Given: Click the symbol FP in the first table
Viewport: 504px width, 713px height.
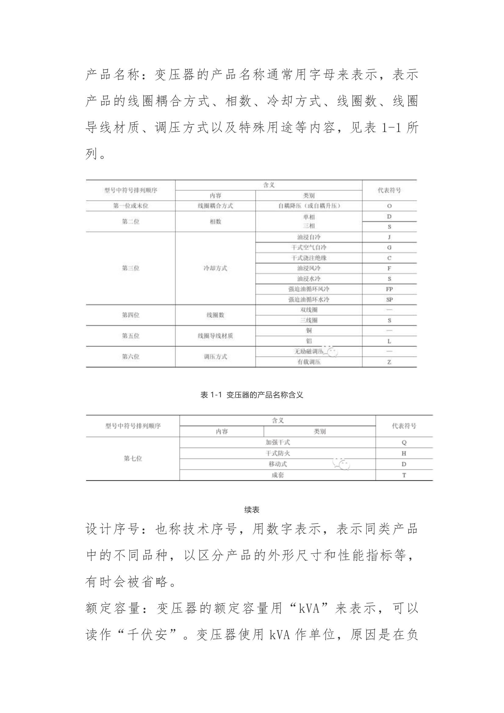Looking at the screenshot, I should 389,289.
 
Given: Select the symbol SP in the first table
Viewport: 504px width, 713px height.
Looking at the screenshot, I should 389,300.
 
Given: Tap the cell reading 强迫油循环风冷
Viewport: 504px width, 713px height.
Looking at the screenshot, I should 309,289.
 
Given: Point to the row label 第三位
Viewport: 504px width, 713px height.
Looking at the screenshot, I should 130,268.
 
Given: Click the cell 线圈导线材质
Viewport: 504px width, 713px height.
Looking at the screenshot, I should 215,336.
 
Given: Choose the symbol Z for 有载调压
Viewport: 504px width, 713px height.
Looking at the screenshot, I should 389,362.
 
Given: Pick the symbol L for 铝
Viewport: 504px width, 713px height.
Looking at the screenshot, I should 389,341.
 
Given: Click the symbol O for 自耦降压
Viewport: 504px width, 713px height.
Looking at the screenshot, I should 389,206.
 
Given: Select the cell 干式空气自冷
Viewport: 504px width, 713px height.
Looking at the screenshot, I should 309,248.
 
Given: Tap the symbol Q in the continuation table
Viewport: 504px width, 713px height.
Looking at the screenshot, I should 404,442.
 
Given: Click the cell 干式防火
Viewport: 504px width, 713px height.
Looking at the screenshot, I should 278,453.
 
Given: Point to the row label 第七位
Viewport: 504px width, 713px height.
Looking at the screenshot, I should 133,459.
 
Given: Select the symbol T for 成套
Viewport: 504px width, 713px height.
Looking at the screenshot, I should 404,475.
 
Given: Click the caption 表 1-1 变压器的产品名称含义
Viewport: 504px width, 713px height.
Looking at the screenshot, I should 252,395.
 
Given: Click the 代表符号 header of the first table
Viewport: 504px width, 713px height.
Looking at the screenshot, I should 389,190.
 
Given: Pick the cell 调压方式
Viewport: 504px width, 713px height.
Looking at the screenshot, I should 215,356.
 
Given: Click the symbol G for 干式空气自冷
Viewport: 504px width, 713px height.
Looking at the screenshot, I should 389,248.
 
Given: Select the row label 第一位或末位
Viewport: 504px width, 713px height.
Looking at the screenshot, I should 130,206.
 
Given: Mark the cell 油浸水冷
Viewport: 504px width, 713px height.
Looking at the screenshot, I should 309,278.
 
